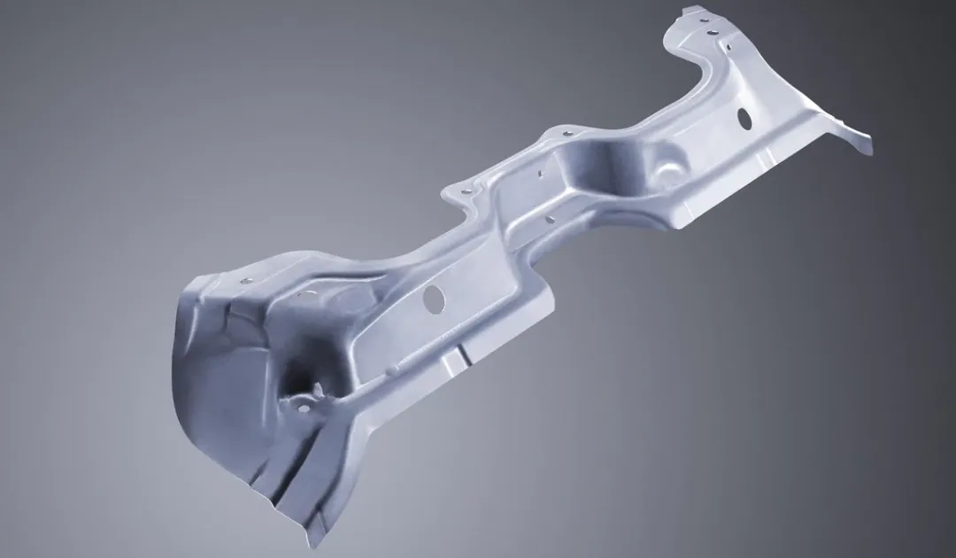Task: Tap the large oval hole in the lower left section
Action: click(x=434, y=298)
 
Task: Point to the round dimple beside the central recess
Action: click(x=670, y=164)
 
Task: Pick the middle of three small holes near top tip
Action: click(x=712, y=33)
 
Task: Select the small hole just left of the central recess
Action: click(x=537, y=174)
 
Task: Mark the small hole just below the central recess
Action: click(x=551, y=218)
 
